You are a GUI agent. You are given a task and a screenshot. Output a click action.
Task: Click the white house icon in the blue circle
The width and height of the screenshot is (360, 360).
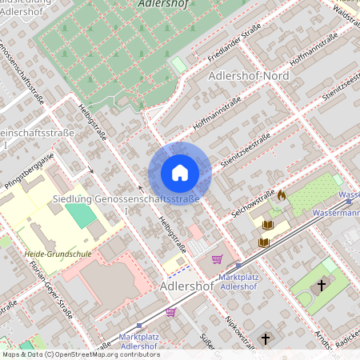tap(179, 173)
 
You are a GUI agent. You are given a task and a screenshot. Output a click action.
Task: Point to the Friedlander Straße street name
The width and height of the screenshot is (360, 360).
tap(211, 45)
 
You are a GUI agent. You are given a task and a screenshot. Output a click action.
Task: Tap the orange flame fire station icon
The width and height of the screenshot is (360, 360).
tap(282, 194)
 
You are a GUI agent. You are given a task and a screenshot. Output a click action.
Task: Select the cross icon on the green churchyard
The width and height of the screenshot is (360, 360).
tap(322, 284)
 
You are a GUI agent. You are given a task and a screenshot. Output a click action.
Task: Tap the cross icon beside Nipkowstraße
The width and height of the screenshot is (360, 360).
tap(265, 339)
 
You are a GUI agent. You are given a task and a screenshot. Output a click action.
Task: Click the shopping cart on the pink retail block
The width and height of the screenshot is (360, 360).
tap(217, 259)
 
